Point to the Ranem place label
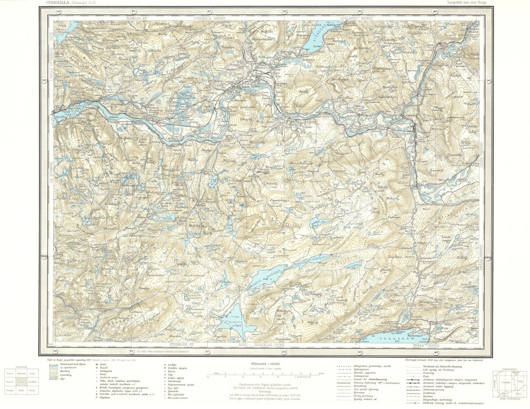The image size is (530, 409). (236, 87)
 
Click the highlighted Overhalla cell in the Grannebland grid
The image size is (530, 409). (22, 382)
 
